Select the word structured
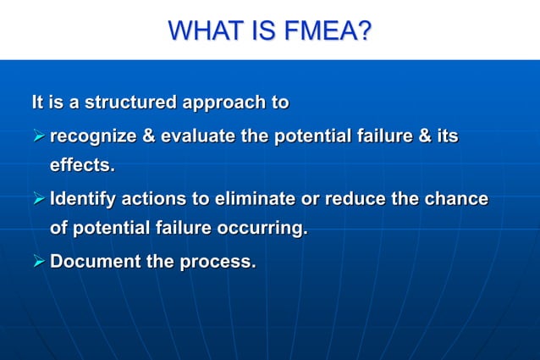click(x=130, y=104)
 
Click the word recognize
click(x=95, y=136)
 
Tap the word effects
click(x=82, y=165)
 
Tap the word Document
click(x=95, y=262)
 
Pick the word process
click(x=218, y=262)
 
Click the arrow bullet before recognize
click(x=37, y=136)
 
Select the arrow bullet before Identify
click(x=37, y=200)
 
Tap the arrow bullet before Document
click(x=37, y=262)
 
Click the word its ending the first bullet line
click(x=447, y=136)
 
